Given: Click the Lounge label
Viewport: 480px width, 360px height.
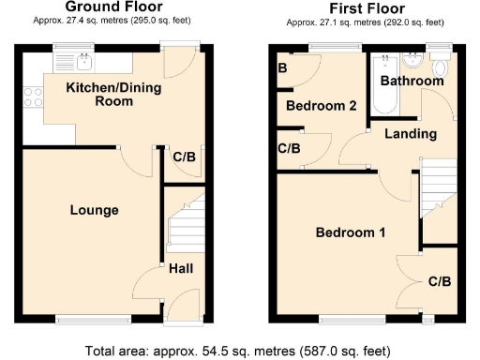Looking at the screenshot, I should click(95, 210).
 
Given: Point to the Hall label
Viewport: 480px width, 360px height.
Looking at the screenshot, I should click(182, 270).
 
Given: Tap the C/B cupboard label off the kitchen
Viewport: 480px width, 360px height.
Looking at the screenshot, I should click(185, 157).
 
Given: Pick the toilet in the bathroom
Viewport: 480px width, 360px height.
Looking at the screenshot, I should click(439, 66).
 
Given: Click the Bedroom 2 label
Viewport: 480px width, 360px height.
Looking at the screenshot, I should click(322, 106).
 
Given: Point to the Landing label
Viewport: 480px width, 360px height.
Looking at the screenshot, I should click(411, 134).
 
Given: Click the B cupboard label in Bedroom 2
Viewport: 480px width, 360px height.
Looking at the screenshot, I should click(282, 67).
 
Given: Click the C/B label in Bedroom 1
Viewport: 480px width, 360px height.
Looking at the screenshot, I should click(439, 281).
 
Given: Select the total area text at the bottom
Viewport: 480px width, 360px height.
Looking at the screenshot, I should click(240, 351).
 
